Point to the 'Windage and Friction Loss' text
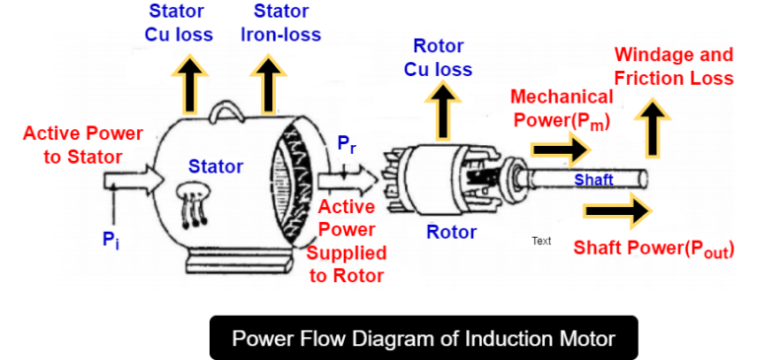673,66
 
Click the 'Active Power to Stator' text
82,144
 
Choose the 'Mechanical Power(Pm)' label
562,108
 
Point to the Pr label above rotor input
347,145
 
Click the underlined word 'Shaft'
593,180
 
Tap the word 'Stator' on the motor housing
215,167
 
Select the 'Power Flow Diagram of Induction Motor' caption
424,338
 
